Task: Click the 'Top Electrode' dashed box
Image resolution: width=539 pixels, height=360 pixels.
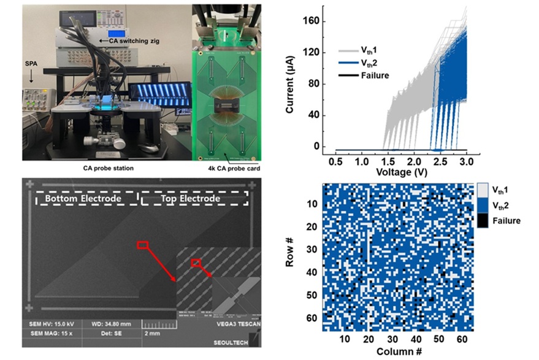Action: click(x=195, y=199)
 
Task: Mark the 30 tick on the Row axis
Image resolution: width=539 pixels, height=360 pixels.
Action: click(x=312, y=250)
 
